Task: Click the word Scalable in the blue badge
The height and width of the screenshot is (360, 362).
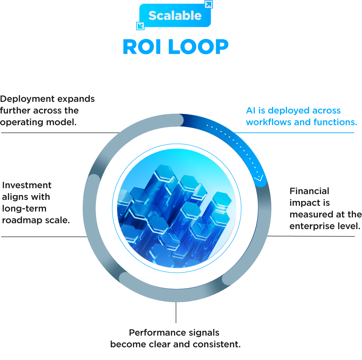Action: click(x=175, y=16)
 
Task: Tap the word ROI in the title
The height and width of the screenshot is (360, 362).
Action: click(x=142, y=47)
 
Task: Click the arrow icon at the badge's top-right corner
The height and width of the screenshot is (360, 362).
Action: click(x=208, y=5)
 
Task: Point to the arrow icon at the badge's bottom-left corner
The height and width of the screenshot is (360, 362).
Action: click(x=140, y=26)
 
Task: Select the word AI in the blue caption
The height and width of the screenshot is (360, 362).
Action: click(x=251, y=110)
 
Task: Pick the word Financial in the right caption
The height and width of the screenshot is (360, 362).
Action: click(x=309, y=191)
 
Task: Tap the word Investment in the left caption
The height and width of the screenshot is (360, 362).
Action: click(x=27, y=185)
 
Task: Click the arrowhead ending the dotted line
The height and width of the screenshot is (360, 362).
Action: click(x=259, y=178)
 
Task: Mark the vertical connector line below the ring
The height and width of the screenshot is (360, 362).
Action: click(x=176, y=312)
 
